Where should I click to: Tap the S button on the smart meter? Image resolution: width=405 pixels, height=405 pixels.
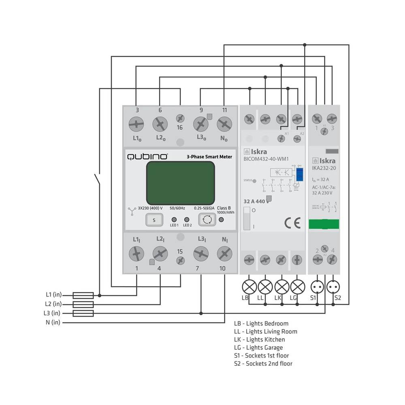pos(154,220)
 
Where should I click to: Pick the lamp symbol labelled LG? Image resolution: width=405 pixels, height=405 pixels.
pos(297,287)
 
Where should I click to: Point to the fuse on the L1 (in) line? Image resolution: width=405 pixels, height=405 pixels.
pos(83,295)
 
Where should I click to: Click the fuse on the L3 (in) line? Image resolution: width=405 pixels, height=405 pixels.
pos(83,313)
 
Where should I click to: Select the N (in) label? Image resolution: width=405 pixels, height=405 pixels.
pos(53,322)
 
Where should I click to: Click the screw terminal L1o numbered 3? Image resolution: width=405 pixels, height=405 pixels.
pos(136,124)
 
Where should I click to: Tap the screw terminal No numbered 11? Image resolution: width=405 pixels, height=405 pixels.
pos(224,124)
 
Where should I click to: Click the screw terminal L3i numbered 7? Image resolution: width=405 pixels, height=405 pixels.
pos(201,254)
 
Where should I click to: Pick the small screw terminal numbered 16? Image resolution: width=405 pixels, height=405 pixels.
pos(180,118)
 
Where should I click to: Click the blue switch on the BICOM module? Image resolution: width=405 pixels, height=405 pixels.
pos(300,174)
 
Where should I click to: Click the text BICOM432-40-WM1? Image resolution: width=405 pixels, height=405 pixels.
pos(266,159)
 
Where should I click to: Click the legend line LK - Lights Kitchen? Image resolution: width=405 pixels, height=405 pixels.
pos(259,339)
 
